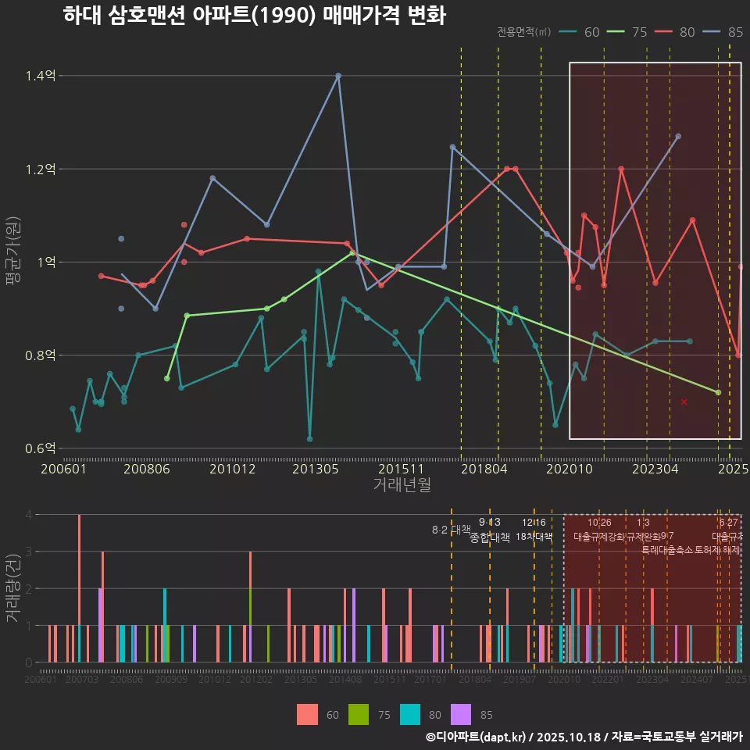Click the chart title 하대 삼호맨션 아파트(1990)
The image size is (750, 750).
tap(254, 16)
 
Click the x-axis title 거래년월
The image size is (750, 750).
tap(402, 485)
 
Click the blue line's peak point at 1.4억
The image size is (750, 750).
tap(338, 76)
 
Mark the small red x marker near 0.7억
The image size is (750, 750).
tap(684, 402)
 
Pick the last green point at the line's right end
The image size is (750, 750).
tap(718, 392)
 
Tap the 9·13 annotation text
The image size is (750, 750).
tap(490, 523)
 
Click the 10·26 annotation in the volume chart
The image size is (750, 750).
tap(599, 523)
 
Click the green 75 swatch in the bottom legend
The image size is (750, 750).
tap(357, 714)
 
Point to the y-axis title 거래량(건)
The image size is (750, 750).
tap(12, 588)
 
